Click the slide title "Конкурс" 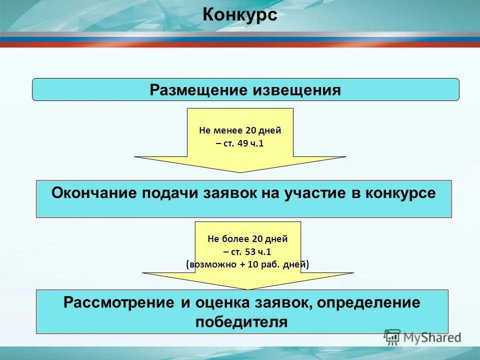[240, 15]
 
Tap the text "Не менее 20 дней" [240, 131]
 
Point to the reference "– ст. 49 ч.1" [240, 144]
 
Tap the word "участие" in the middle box [317, 193]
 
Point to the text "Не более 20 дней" [247, 239]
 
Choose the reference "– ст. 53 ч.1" [247, 251]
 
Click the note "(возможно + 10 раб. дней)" [247, 264]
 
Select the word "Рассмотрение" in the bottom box [119, 303]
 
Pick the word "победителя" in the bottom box [241, 321]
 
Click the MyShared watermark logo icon [392, 336]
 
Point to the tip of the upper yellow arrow [240, 171]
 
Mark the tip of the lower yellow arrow [248, 288]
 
